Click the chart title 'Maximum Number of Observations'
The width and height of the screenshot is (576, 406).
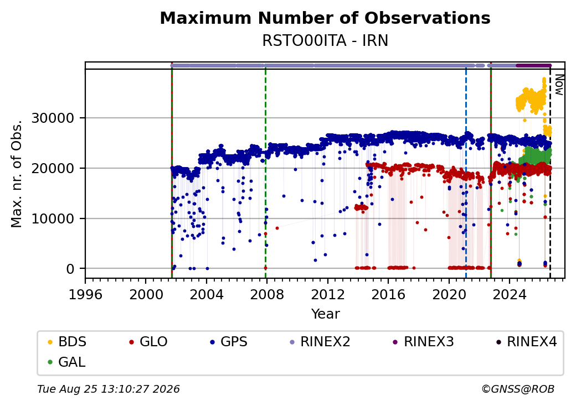(x=325, y=18)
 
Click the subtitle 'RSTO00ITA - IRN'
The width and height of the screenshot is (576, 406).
(x=325, y=41)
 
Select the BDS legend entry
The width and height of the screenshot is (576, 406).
(x=67, y=342)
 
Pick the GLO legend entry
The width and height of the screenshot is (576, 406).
(x=148, y=342)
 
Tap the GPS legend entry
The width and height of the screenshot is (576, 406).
(x=229, y=342)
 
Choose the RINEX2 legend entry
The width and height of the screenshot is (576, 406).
(x=320, y=342)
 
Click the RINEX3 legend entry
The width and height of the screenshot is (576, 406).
(x=423, y=342)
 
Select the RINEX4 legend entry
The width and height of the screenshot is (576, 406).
(x=526, y=342)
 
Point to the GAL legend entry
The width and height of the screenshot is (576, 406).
(x=66, y=362)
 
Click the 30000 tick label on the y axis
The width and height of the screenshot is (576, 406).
(x=53, y=118)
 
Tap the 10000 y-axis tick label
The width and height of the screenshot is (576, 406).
(x=53, y=218)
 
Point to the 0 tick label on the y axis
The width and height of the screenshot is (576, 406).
(x=70, y=269)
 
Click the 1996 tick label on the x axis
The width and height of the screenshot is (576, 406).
(x=85, y=294)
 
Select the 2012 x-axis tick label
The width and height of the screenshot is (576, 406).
(x=327, y=294)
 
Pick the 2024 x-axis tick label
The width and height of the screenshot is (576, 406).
(x=509, y=294)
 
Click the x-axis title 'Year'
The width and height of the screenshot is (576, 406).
(x=326, y=314)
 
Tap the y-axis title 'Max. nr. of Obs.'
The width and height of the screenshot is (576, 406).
(x=17, y=174)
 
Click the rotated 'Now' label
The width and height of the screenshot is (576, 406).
(x=559, y=85)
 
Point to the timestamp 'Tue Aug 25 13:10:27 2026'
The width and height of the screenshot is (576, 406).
(x=109, y=389)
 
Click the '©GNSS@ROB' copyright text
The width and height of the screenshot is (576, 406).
(x=518, y=389)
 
